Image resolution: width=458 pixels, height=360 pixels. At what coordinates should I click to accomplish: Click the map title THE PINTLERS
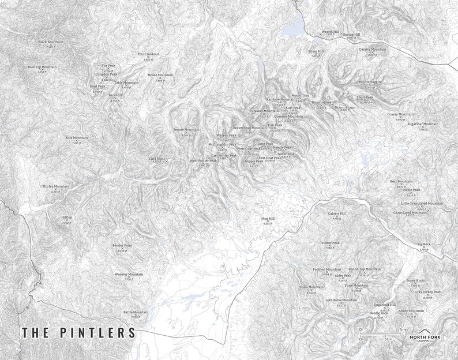click(78, 333)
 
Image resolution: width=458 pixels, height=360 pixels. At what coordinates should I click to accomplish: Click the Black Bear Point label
click(51, 42)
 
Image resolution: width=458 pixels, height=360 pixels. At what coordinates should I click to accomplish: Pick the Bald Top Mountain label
click(42, 67)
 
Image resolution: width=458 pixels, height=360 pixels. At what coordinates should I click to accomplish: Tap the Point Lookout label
click(148, 54)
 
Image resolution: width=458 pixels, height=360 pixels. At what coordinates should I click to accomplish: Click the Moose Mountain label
click(160, 75)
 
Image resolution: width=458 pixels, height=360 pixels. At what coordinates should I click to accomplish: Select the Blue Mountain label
click(76, 138)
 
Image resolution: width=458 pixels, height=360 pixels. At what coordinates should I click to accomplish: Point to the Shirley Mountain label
click(55, 186)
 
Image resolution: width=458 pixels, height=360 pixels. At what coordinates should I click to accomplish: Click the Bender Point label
click(122, 245)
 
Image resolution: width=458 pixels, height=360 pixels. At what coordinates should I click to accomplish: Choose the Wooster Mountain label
click(129, 274)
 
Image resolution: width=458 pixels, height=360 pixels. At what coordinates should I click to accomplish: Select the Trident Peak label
click(330, 243)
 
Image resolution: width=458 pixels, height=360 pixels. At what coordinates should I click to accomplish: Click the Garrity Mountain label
click(373, 50)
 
